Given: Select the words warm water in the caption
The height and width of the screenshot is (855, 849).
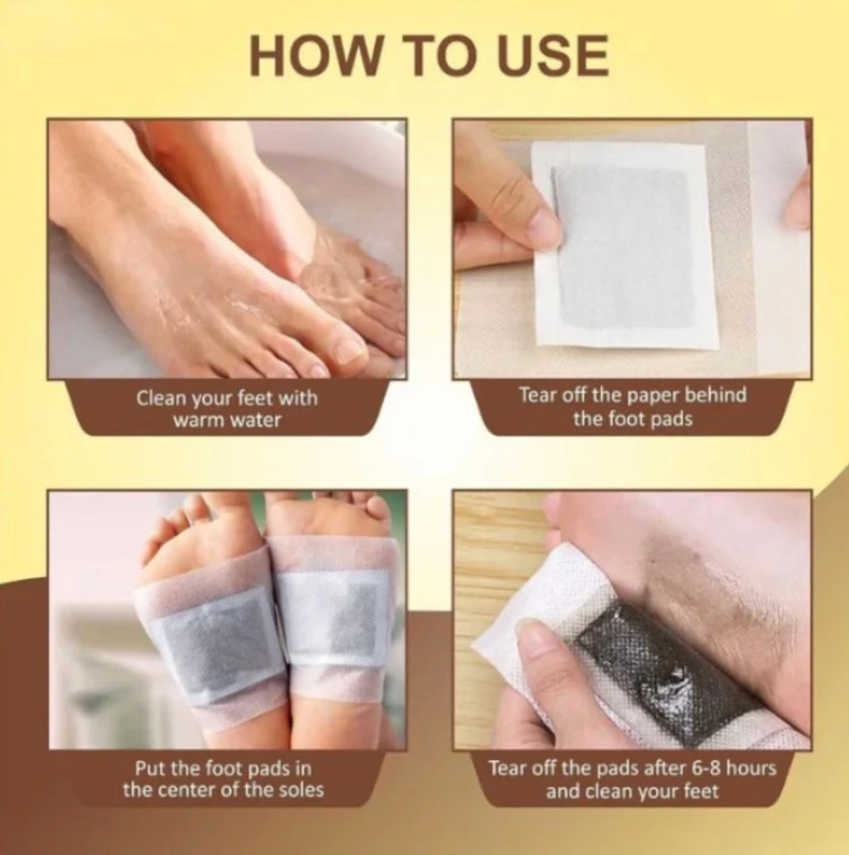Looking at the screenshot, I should click(x=227, y=420).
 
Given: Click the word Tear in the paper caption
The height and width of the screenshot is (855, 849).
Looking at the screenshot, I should click(x=536, y=394).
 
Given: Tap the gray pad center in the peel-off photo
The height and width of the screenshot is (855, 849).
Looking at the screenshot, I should click(x=626, y=245).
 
